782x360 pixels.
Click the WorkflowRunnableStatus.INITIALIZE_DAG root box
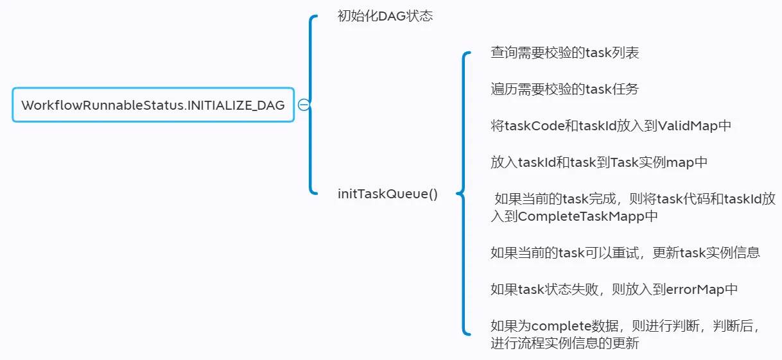pos(153,105)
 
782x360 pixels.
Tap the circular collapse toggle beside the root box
pos(304,105)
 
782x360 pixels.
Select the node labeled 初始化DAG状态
pos(385,16)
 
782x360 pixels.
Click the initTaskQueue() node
pos(388,193)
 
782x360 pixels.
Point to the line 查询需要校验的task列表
pos(564,53)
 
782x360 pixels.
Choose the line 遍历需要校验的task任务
pos(564,89)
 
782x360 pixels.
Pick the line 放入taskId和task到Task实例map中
pos(599,162)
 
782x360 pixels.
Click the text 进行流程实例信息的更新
pos(564,343)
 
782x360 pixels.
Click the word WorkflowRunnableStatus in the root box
pos(102,105)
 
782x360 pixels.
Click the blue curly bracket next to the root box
pos(311,105)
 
